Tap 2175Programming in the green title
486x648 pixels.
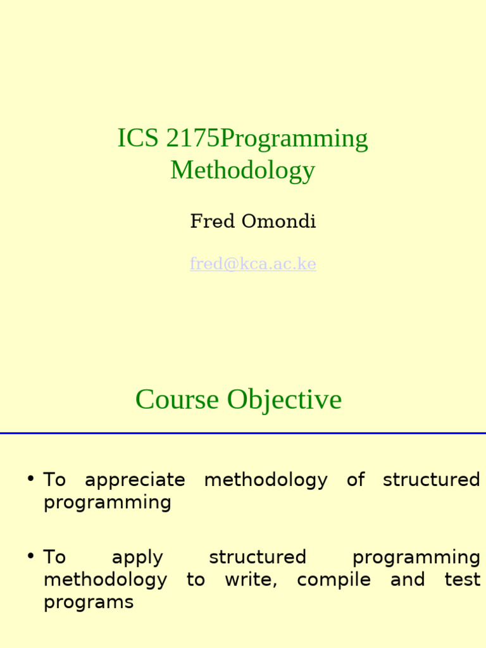click(x=266, y=139)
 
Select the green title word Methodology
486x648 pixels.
click(x=242, y=170)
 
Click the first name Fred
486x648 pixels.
click(x=212, y=221)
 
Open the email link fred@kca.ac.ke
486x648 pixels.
click(x=252, y=263)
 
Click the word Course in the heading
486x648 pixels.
click(x=177, y=399)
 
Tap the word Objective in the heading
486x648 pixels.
click(x=284, y=399)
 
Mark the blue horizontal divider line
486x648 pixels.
click(x=243, y=433)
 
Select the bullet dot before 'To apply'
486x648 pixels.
click(x=30, y=556)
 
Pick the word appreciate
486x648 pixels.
click(x=135, y=480)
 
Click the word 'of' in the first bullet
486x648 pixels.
click(x=356, y=480)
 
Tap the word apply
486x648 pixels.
click(x=137, y=558)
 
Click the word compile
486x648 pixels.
click(x=333, y=580)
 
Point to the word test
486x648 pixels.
click(x=462, y=580)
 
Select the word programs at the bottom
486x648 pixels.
click(x=89, y=602)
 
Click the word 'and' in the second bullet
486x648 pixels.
click(x=407, y=580)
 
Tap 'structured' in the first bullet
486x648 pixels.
click(x=432, y=480)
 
